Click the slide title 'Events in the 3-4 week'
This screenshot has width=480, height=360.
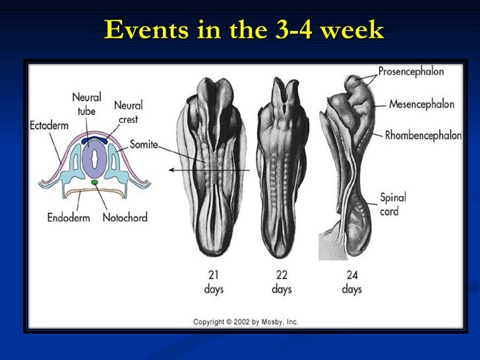[x=243, y=29]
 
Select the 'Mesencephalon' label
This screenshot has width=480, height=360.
[x=422, y=104]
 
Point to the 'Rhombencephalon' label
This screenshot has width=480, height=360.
[x=423, y=135]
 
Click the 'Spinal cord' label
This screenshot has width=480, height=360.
[x=393, y=204]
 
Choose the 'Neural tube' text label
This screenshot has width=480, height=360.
[x=86, y=104]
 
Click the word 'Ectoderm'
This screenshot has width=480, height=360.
[x=48, y=125]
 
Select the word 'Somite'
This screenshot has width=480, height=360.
[x=143, y=144]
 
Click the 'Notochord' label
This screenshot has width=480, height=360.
[x=125, y=218]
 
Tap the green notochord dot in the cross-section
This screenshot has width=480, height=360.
[x=95, y=182]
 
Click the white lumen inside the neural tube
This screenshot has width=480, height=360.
[x=96, y=159]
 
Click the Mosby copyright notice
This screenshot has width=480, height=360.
[x=245, y=322]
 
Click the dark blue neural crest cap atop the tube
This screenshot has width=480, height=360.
[x=96, y=139]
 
